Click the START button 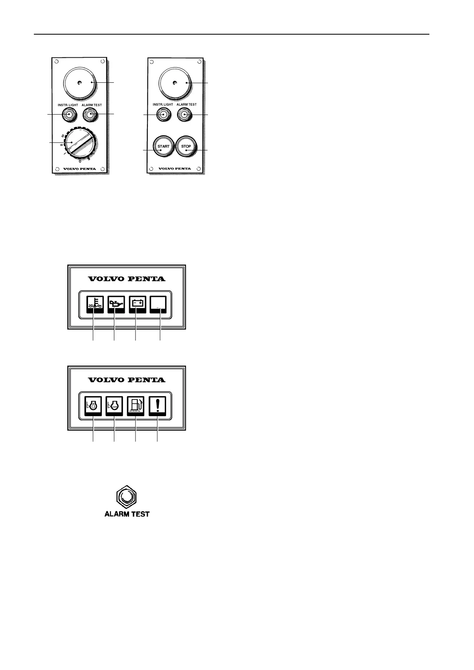click(163, 146)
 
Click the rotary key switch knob click(81, 143)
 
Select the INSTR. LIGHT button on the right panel click(163, 115)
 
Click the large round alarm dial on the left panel click(80, 83)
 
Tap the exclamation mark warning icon click(158, 406)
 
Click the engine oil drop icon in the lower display click(94, 406)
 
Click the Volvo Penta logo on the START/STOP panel click(175, 168)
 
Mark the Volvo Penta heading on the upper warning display click(127, 279)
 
